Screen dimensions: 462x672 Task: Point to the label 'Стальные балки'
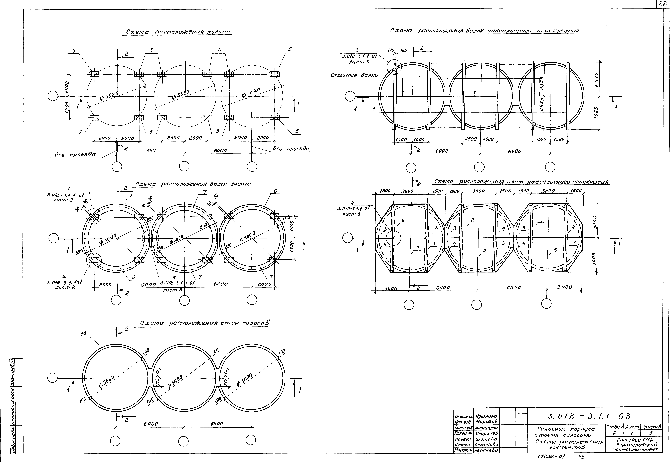pos(354,76)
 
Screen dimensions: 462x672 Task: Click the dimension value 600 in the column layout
pos(151,150)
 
